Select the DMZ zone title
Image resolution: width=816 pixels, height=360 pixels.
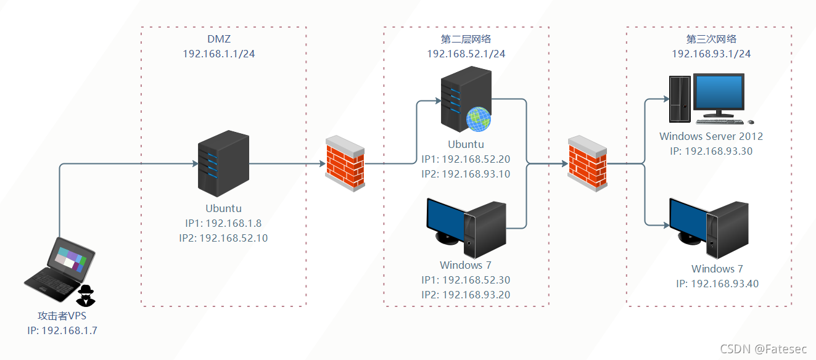[219, 39]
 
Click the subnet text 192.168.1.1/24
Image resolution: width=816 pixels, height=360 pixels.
[219, 54]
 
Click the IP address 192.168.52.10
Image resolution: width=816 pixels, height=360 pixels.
[232, 237]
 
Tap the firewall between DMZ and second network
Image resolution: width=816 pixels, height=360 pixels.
[345, 163]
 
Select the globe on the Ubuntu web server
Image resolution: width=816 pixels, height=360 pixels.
[478, 118]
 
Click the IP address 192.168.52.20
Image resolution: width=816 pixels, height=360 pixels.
[476, 159]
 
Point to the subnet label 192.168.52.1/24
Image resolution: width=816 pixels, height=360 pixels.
[466, 54]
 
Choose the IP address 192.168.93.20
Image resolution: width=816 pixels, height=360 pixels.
[476, 295]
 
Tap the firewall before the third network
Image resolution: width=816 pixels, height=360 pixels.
[587, 163]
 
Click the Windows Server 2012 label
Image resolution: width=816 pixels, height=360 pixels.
[711, 136]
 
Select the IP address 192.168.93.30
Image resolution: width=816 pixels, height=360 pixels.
[719, 151]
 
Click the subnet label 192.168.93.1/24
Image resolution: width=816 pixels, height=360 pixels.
[711, 54]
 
